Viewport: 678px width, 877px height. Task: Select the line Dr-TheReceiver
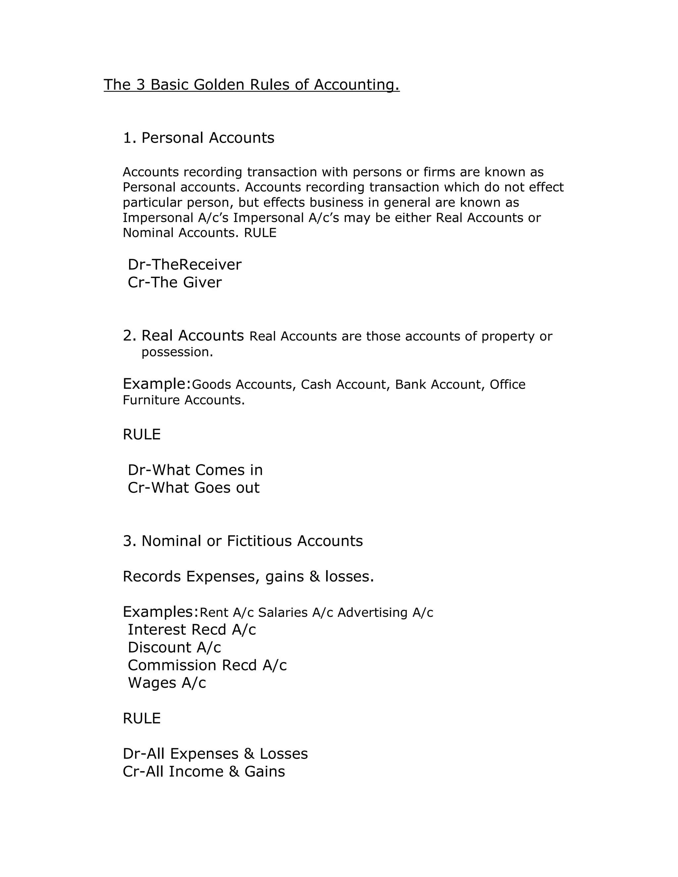tap(184, 265)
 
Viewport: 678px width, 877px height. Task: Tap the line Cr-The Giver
tap(174, 282)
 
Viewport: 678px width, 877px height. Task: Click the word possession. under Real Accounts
tap(177, 352)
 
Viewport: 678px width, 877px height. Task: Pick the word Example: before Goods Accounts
tap(157, 384)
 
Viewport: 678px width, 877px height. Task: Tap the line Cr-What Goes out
tap(193, 487)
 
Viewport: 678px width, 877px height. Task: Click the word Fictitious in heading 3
tap(260, 541)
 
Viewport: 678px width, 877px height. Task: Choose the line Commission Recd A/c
tap(207, 665)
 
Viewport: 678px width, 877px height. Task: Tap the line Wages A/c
tap(167, 683)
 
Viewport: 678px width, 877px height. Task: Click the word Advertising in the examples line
tap(372, 612)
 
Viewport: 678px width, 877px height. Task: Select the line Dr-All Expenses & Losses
tap(215, 754)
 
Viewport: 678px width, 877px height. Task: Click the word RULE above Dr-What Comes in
tap(141, 435)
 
